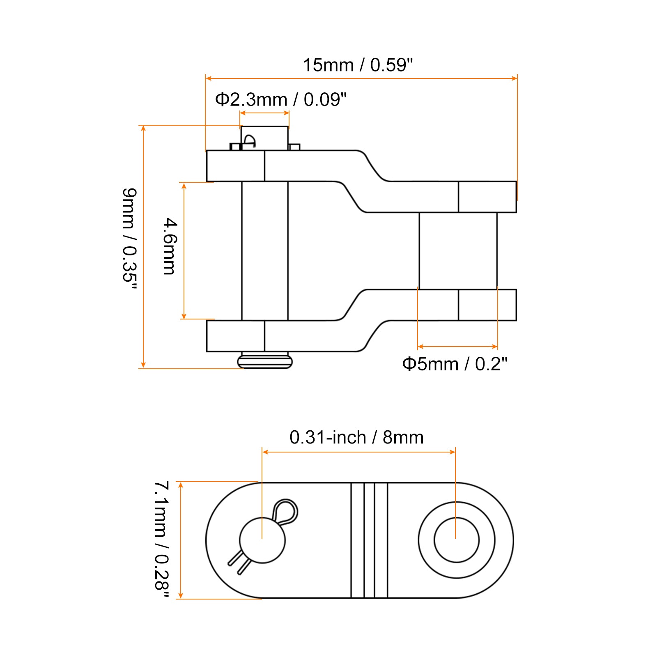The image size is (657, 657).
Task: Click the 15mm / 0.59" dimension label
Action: (358, 65)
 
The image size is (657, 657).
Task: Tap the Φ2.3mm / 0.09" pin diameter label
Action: (281, 99)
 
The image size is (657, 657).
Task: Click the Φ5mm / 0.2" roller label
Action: (455, 364)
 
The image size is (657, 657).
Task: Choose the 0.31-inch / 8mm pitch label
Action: (356, 437)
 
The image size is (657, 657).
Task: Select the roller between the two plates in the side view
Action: (458, 251)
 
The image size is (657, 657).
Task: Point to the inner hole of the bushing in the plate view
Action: (457, 540)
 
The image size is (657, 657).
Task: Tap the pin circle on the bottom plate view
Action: (262, 540)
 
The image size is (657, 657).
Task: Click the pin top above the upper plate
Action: (264, 138)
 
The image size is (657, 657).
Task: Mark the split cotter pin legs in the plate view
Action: (238, 562)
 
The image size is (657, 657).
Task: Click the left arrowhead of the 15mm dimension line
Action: (208, 78)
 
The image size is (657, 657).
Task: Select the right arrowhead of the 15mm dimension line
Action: (515, 78)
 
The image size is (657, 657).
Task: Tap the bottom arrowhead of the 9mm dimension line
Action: (143, 365)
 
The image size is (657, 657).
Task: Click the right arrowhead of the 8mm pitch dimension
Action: (453, 452)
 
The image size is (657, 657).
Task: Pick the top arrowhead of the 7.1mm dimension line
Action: (181, 485)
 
